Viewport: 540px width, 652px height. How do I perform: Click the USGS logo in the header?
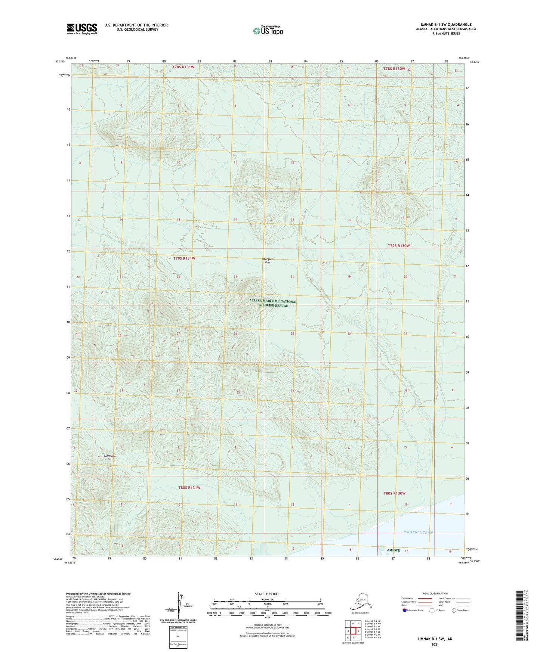(82, 29)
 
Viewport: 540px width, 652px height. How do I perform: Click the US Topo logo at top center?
(268, 30)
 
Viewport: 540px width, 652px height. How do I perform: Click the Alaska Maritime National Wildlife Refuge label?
(273, 303)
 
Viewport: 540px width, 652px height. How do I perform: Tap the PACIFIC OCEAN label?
(418, 532)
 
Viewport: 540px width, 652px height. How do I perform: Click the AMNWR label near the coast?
(394, 550)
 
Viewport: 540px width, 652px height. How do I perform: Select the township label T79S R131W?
(184, 258)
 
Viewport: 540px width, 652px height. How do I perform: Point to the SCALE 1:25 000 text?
(267, 594)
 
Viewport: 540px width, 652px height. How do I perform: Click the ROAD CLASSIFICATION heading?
(435, 593)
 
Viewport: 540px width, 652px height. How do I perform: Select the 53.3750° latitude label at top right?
(475, 62)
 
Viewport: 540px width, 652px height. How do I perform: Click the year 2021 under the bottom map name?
(435, 645)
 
